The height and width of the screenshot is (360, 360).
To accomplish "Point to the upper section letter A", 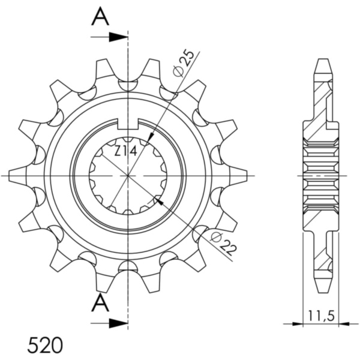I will [100, 17].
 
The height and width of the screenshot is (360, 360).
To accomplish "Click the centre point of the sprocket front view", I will [128, 175].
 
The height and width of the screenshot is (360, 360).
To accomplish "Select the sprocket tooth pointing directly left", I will [18, 175].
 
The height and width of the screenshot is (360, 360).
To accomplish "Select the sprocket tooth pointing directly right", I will [238, 175].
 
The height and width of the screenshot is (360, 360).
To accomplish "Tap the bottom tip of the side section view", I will [322, 289].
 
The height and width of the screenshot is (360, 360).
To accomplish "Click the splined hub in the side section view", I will [322, 175].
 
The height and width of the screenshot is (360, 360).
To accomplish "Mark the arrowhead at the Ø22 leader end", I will [158, 200].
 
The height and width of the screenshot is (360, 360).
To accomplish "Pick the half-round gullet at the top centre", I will [128, 85].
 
